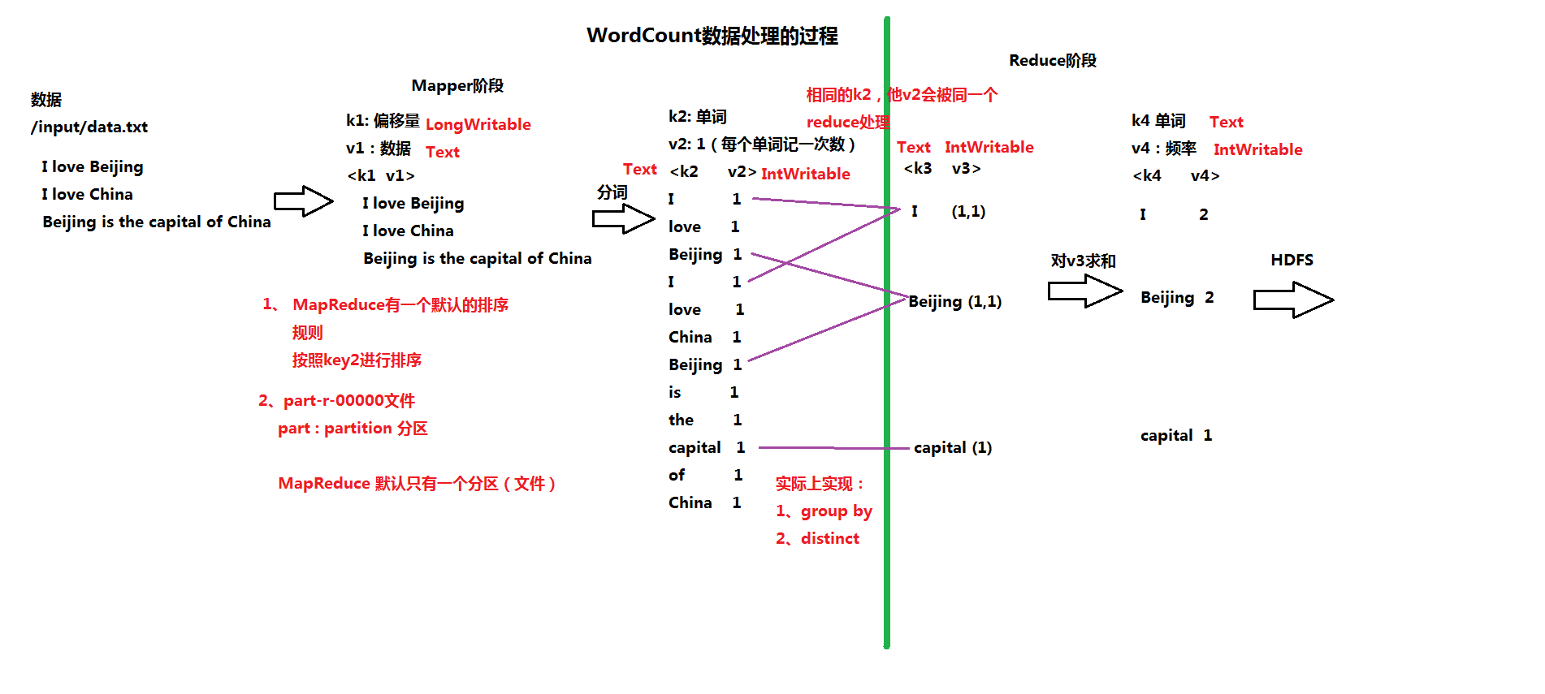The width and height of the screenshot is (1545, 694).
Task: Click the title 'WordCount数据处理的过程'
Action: (712, 36)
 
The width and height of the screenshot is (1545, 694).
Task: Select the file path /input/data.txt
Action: (89, 127)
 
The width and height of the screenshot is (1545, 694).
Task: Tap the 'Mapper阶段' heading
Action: (457, 86)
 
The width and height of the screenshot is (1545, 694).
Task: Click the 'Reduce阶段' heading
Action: (1052, 61)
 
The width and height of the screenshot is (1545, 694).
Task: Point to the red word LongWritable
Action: (478, 124)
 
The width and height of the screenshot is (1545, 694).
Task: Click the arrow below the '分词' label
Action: (623, 218)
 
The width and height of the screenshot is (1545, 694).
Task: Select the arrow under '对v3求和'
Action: (1084, 291)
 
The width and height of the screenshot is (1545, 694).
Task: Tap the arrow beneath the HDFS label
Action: (1292, 300)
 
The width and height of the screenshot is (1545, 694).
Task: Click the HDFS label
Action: (1292, 260)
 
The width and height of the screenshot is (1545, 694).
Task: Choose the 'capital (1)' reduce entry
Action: (952, 447)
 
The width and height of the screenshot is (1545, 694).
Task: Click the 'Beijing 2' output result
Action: (1176, 297)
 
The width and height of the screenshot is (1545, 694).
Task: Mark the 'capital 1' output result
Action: (1175, 435)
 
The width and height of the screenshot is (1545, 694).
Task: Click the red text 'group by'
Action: (836, 511)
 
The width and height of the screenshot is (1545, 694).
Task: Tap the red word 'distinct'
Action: (829, 538)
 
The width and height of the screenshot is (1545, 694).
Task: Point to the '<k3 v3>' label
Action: (941, 168)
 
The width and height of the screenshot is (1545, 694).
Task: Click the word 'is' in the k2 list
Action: (674, 392)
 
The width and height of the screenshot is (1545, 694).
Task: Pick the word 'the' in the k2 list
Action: (681, 420)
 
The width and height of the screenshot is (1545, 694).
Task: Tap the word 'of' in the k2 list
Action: (677, 475)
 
